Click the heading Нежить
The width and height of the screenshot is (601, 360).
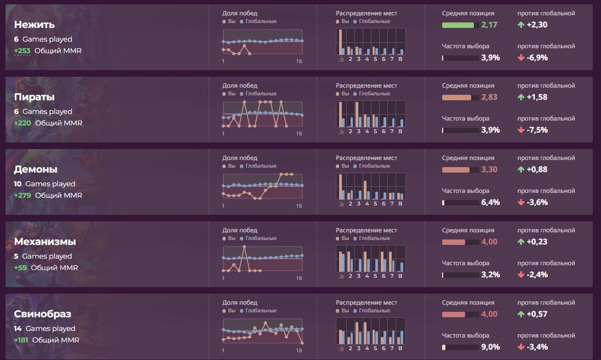click(34, 25)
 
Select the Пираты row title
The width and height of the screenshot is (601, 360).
click(34, 97)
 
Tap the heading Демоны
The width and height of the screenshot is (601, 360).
click(36, 169)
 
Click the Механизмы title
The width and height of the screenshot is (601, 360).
click(45, 242)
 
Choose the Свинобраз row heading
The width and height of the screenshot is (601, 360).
click(43, 314)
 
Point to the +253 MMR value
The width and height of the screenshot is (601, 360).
click(22, 50)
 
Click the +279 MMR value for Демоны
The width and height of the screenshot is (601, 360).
click(22, 195)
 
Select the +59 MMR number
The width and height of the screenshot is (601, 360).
click(20, 267)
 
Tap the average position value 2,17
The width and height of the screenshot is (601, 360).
click(489, 25)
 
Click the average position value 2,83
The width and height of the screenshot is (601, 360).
click(489, 97)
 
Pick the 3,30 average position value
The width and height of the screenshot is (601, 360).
click(489, 169)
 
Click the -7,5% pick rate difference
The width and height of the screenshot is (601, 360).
click(536, 130)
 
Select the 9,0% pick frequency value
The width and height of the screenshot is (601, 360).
click(490, 347)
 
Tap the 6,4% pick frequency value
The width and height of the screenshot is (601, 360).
click(490, 202)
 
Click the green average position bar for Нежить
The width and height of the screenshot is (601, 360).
click(458, 25)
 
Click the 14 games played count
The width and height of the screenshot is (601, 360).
click(18, 329)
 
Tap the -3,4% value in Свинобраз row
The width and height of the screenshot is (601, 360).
click(536, 347)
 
